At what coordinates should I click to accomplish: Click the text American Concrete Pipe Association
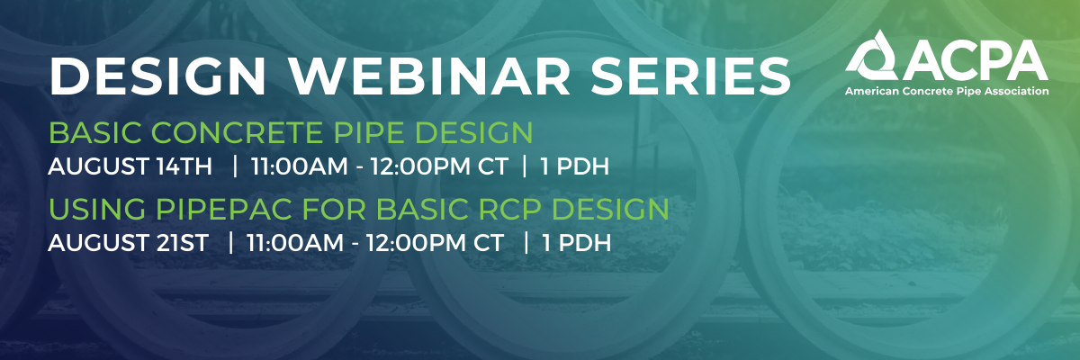click(x=947, y=92)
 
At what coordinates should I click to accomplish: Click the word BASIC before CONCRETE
click(x=94, y=135)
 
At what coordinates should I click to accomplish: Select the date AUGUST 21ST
click(x=130, y=242)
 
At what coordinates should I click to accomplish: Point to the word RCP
click(x=508, y=211)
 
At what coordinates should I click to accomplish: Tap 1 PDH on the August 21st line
click(x=576, y=242)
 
